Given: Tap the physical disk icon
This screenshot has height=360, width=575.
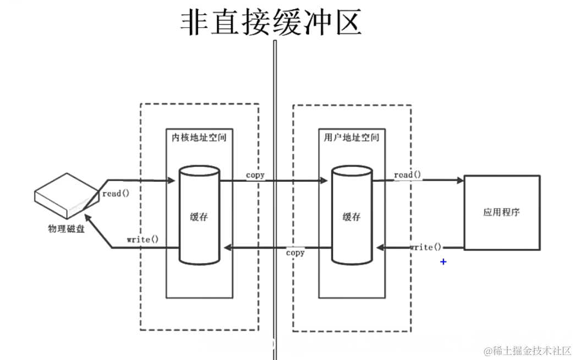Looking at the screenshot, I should tap(66, 195).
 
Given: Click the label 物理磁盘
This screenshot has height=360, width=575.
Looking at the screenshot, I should tap(66, 230).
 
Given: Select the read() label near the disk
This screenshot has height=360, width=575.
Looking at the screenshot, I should tap(115, 194).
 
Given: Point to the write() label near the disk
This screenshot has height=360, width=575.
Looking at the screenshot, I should tap(143, 239).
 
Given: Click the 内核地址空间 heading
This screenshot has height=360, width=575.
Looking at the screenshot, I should tap(199, 137).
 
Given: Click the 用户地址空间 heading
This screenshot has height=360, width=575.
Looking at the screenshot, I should tap(352, 137).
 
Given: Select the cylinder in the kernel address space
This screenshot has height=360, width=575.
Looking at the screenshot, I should tap(199, 216).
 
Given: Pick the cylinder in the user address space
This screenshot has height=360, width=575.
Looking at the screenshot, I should tap(352, 216).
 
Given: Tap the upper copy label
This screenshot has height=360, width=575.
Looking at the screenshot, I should tap(255, 175).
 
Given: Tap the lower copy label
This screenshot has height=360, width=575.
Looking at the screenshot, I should tap(295, 253).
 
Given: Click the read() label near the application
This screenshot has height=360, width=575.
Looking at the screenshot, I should tap(408, 175).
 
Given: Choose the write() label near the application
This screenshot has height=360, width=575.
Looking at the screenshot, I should tap(425, 247).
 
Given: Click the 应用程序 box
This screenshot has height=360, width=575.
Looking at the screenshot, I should tap(501, 212).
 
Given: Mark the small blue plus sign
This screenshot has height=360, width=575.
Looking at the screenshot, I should tap(443, 262).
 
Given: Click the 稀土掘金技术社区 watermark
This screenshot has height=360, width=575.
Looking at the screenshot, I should tap(527, 351).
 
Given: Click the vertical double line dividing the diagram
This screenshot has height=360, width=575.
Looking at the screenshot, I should tap(275, 198).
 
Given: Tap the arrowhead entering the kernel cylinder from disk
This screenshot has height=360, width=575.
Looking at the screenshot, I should tap(170, 180).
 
